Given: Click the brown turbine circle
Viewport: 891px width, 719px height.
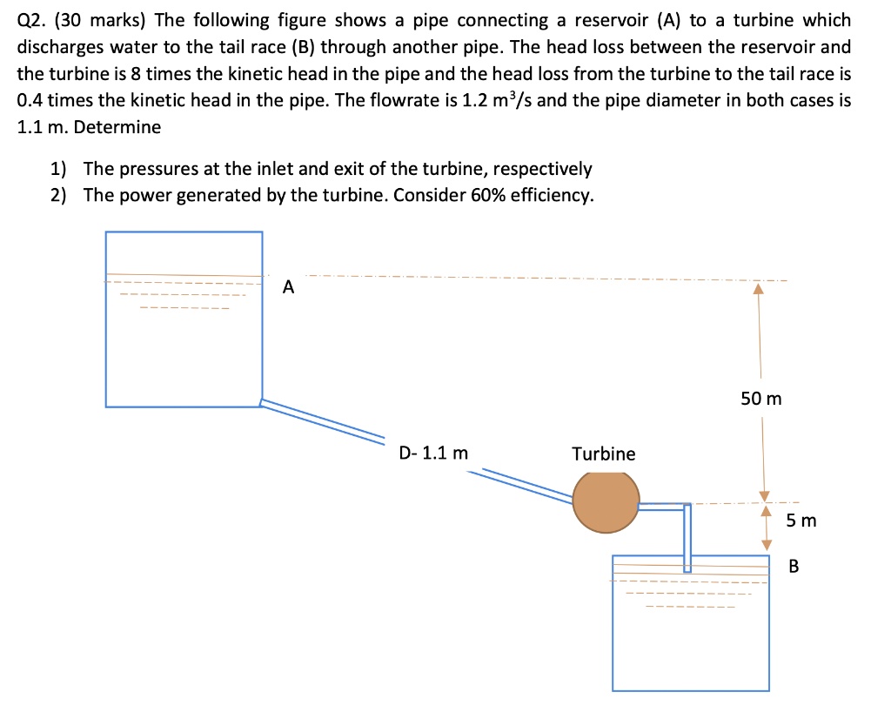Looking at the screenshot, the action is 606,502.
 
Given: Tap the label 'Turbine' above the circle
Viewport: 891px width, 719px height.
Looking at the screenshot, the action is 603,454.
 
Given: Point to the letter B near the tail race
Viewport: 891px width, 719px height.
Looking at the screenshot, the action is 793,567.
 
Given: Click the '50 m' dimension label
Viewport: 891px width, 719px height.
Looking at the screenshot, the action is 761,399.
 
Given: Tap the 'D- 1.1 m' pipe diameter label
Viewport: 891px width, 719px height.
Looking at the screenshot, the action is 432,453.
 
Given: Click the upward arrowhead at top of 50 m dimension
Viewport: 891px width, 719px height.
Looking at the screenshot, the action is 758,288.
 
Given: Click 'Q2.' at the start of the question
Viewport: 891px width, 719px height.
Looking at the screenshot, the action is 32,20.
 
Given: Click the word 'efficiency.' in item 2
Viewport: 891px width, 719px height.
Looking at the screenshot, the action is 552,194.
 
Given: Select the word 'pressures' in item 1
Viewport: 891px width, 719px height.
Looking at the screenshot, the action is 148,168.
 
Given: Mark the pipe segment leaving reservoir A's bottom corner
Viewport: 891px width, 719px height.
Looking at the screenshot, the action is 322,418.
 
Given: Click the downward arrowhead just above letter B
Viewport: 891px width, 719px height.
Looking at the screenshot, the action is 767,544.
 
